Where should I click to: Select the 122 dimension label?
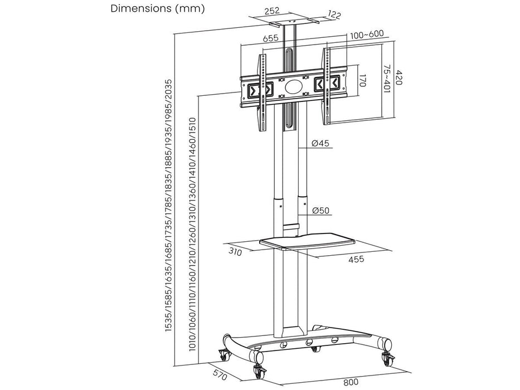(x=334, y=15)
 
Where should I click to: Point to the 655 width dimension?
(x=271, y=39)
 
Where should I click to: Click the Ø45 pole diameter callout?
(x=321, y=144)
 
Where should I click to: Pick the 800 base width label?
(x=351, y=382)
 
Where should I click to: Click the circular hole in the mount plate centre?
(x=293, y=87)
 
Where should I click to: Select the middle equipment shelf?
(x=307, y=243)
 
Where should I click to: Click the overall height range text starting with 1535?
(x=169, y=206)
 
